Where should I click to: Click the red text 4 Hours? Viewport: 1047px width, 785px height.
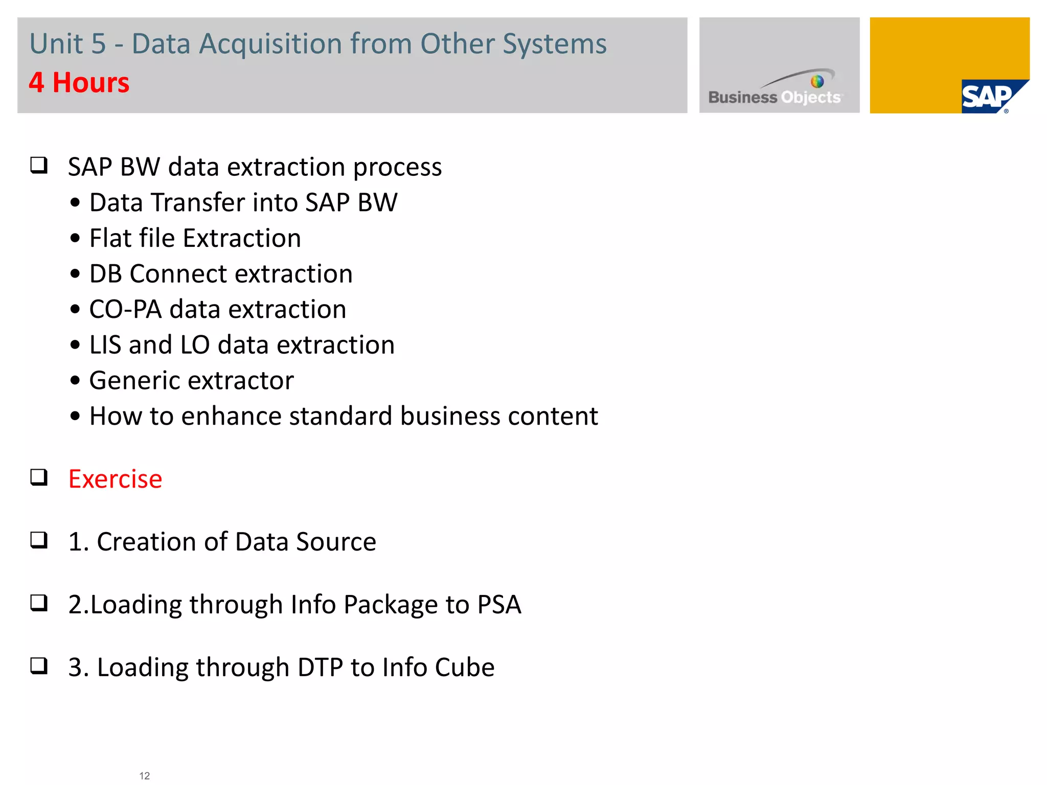79,83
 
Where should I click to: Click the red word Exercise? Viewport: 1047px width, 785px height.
116,479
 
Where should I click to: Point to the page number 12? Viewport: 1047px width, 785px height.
145,776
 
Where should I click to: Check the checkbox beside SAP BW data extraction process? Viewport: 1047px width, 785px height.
39,165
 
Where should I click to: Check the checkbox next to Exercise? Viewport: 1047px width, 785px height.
39,477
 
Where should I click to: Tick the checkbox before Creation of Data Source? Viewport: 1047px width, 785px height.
39,540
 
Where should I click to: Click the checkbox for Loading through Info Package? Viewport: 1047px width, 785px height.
39,603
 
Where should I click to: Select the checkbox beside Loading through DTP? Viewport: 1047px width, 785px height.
39,666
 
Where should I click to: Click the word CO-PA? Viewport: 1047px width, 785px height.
125,310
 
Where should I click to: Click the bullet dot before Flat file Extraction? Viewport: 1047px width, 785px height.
76,239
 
